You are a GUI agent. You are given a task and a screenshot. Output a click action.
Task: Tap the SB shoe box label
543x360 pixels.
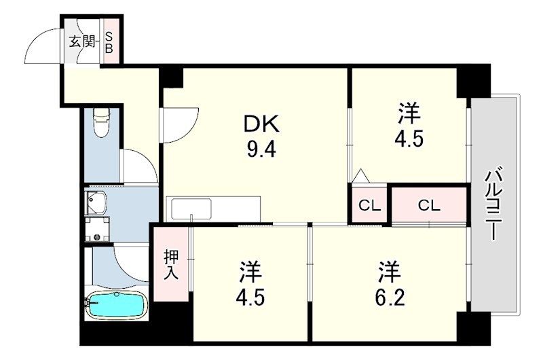109,42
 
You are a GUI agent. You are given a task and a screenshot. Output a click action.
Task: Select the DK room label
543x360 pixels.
261,124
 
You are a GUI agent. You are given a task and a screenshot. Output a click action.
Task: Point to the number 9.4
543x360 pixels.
261,150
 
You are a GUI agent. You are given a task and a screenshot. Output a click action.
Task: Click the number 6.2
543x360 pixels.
390,298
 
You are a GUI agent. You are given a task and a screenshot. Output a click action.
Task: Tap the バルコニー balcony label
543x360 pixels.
492,203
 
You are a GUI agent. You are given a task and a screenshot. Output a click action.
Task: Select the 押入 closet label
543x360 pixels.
172,265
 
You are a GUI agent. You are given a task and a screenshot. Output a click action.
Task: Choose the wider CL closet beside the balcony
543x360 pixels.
429,206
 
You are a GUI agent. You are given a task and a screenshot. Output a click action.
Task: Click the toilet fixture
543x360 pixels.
101,122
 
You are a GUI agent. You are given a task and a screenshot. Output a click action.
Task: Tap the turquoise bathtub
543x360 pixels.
115,304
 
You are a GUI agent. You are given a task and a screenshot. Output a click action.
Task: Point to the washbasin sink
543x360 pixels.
96,202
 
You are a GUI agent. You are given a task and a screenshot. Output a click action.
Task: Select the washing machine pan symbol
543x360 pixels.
97,229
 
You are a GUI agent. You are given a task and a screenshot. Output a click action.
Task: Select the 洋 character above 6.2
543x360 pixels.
390,272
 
